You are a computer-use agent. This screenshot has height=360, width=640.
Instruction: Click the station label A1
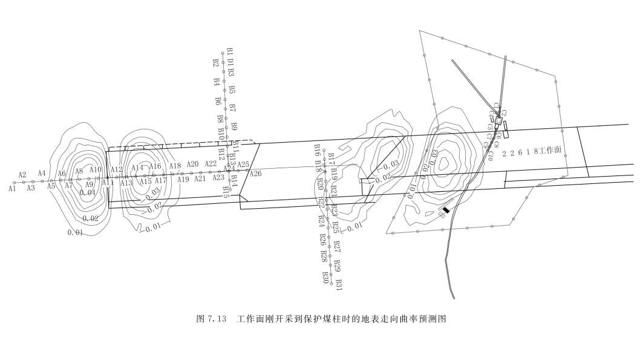[12, 189]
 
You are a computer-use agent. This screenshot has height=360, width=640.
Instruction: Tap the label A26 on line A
[255, 174]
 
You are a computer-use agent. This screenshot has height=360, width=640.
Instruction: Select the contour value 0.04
[88, 193]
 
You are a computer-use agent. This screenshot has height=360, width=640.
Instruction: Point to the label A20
[192, 164]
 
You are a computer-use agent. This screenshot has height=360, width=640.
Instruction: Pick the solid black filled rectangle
[446, 210]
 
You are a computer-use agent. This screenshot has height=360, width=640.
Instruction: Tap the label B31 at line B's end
[339, 284]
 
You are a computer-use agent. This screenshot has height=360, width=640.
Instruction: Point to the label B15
[226, 192]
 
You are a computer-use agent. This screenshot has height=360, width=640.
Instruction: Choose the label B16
[317, 149]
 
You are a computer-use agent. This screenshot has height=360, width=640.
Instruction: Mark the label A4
[42, 174]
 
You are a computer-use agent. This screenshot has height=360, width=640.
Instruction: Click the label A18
[175, 166]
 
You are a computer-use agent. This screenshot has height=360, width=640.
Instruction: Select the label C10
[491, 154]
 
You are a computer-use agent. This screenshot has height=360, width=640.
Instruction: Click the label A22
[211, 163]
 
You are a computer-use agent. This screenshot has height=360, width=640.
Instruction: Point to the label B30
[325, 277]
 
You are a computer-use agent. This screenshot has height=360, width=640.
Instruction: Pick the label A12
[117, 169]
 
